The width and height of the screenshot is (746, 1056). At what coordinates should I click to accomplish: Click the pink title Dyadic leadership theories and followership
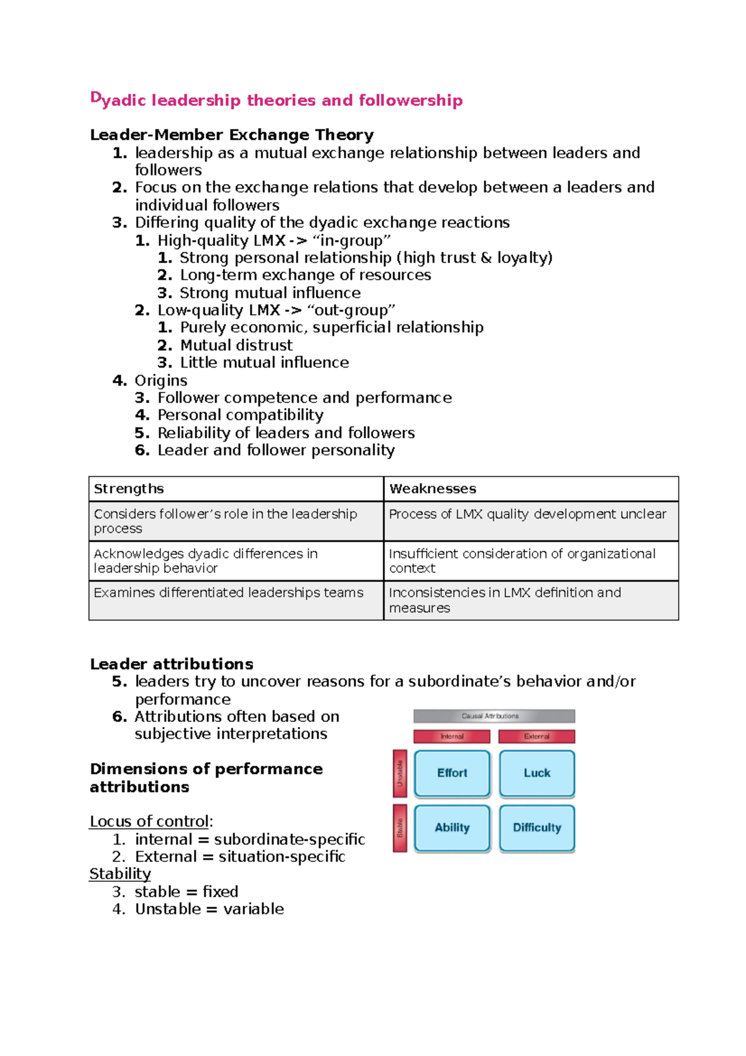click(276, 100)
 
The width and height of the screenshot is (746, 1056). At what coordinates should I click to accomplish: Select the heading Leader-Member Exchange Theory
click(231, 135)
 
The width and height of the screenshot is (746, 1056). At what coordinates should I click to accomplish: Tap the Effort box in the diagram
click(452, 773)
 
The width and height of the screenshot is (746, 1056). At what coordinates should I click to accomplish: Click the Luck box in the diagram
click(536, 773)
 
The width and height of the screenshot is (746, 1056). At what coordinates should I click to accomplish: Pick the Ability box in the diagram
click(452, 828)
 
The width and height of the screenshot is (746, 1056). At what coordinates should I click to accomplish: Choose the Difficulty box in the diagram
click(536, 828)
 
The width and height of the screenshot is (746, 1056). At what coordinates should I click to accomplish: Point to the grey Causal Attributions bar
click(494, 716)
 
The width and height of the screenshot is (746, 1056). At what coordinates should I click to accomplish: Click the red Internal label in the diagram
click(452, 736)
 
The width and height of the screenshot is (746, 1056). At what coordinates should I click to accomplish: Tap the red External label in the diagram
click(536, 736)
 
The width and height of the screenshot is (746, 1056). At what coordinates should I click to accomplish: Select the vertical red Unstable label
click(400, 773)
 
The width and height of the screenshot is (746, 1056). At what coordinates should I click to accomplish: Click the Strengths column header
click(129, 489)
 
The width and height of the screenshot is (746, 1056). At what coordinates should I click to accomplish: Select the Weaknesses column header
click(433, 489)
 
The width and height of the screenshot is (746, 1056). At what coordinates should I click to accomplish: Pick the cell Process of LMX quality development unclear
click(527, 514)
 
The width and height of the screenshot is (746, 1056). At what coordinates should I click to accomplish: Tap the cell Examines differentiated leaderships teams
click(228, 593)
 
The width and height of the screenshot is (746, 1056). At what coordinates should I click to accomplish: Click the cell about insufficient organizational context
click(522, 560)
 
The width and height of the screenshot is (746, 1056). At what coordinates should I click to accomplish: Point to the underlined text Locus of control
click(149, 822)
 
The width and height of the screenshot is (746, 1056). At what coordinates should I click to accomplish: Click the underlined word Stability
click(120, 874)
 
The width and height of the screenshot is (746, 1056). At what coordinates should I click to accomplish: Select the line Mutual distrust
click(236, 345)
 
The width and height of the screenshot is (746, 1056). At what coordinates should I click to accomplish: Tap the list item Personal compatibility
click(240, 415)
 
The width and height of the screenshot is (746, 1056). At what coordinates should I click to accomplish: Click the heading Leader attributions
click(171, 664)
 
